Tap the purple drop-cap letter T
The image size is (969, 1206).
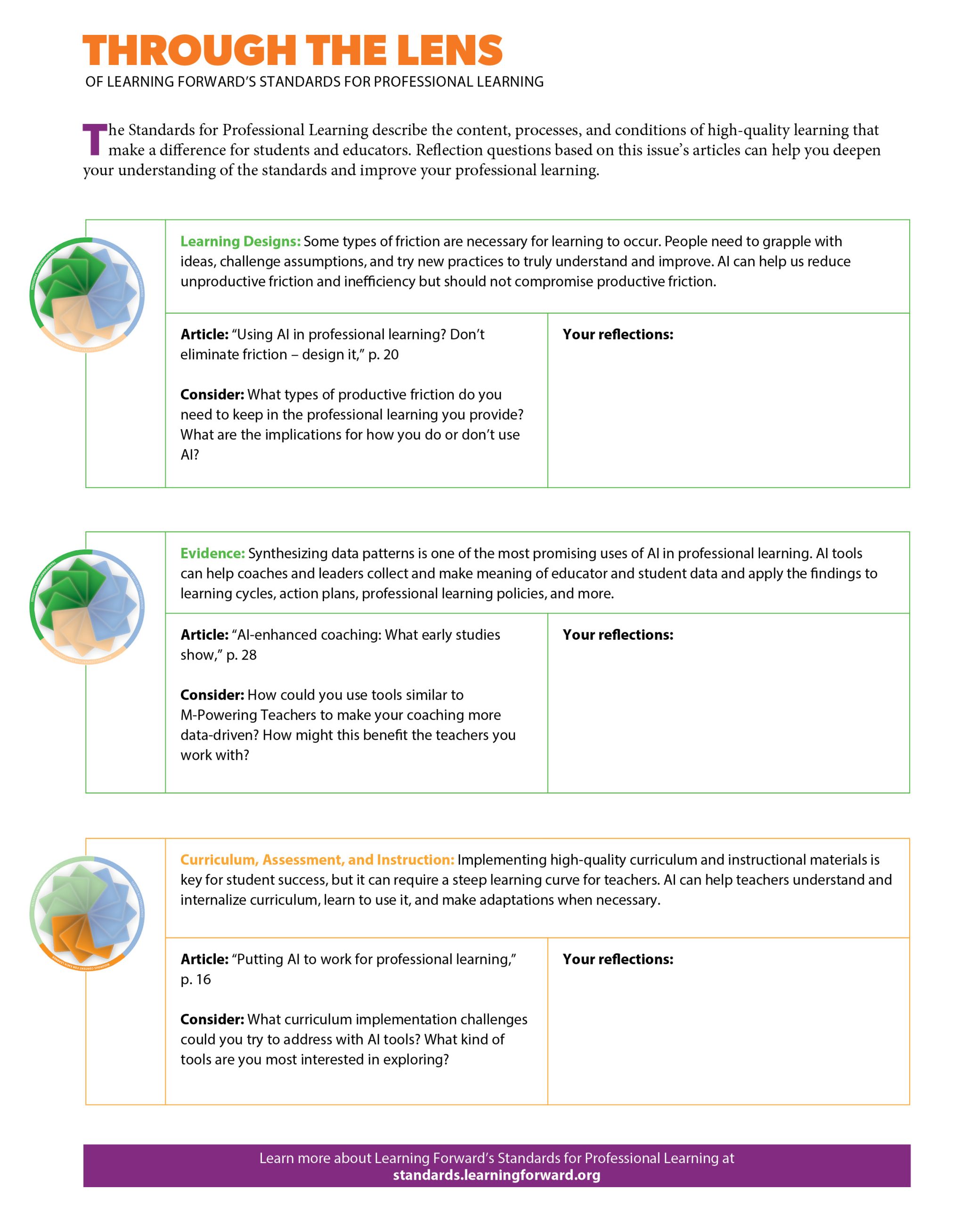coord(95,140)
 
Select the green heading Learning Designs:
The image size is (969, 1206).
coord(240,242)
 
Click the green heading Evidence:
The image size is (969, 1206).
coord(212,553)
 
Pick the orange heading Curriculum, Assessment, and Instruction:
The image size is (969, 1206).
coord(317,860)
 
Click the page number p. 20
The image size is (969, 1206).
coord(383,355)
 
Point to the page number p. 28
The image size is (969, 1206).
coord(241,655)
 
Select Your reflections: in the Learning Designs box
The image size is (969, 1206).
coord(618,334)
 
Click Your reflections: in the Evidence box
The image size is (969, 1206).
coord(618,635)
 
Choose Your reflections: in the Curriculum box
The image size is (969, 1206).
coord(618,959)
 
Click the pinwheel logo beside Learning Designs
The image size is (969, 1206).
coord(87,295)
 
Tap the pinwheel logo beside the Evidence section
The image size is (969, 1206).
coord(87,607)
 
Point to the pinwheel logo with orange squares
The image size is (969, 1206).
coord(87,913)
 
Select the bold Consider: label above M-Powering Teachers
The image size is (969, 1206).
coord(212,695)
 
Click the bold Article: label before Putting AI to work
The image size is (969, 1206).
coord(204,959)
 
